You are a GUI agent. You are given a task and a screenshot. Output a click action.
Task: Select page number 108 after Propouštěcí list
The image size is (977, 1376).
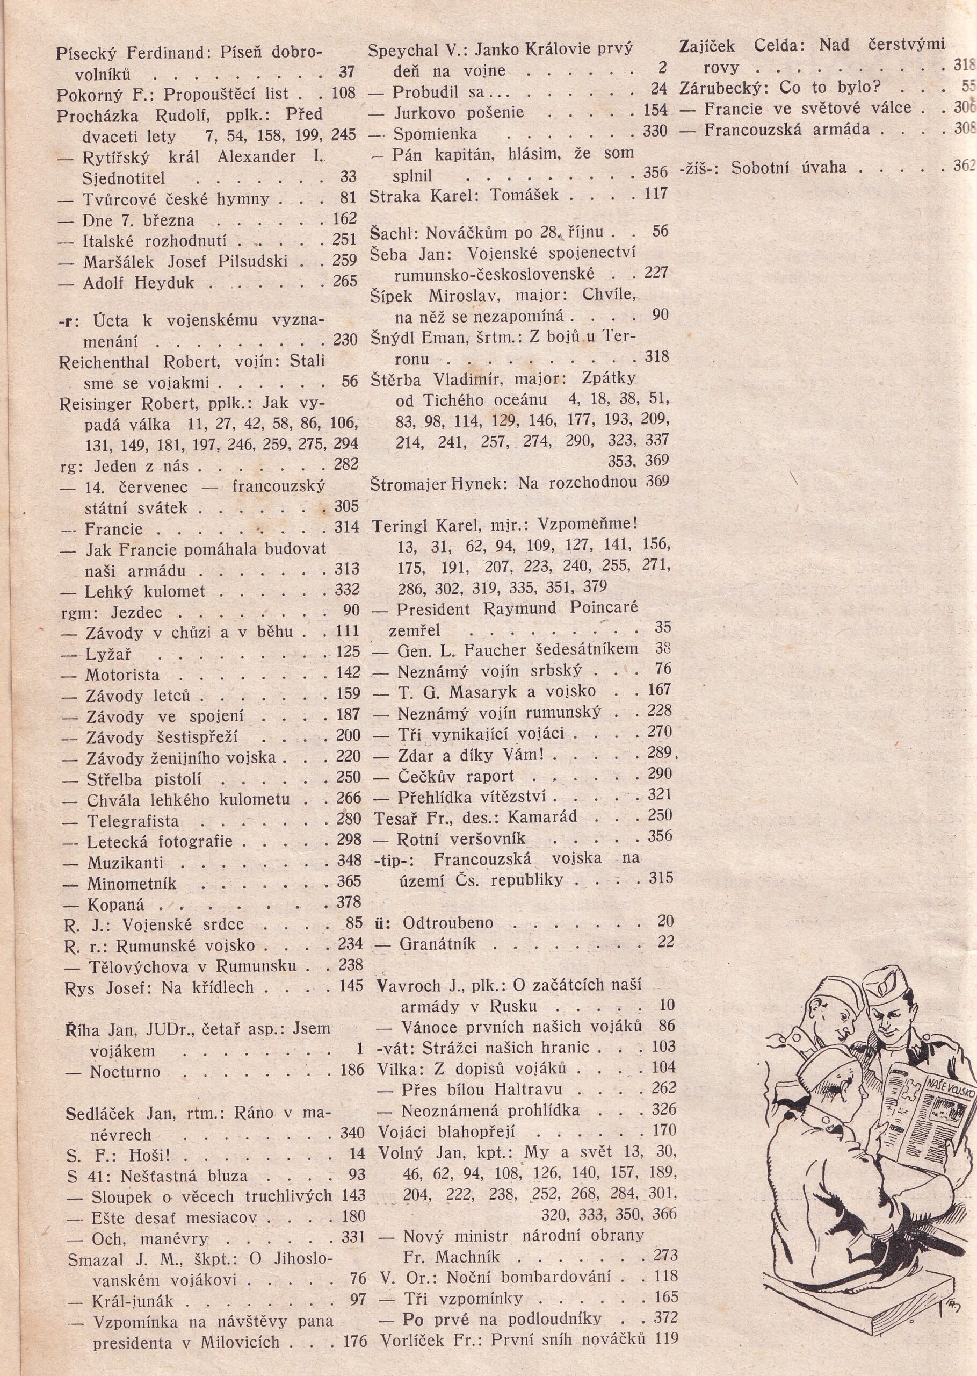click(345, 94)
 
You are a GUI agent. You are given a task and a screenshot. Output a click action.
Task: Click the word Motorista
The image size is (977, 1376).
click(122, 675)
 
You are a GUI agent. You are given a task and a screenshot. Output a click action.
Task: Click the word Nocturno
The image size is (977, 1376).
click(125, 1072)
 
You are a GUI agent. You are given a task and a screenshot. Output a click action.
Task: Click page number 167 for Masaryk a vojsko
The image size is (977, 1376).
click(657, 690)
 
